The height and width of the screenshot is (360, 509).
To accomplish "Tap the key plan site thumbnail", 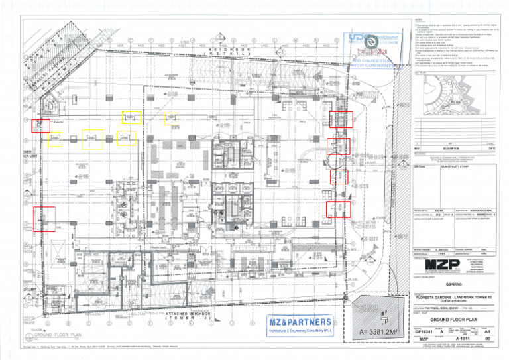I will click(x=458, y=100).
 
